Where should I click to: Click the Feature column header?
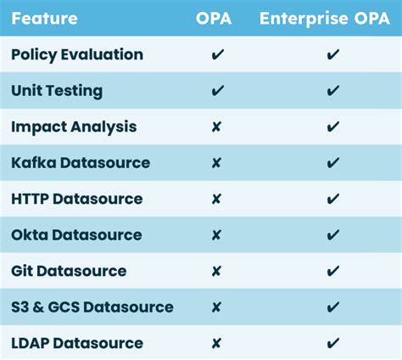(x=45, y=17)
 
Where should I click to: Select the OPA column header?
(x=217, y=17)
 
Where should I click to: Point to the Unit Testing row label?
(x=57, y=90)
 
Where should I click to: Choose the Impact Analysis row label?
(x=74, y=127)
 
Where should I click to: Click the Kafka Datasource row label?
(x=81, y=162)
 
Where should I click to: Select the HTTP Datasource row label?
(x=77, y=199)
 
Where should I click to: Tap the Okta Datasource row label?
(x=77, y=234)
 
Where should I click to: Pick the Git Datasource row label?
(x=70, y=271)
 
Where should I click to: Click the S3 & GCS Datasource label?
(x=92, y=307)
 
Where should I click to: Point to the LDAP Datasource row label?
(x=77, y=343)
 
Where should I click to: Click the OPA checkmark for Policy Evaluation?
(x=217, y=54)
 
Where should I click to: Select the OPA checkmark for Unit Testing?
(x=217, y=90)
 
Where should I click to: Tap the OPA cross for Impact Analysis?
(x=216, y=127)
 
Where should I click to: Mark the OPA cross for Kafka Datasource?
(x=216, y=162)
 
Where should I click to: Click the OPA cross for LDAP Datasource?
(x=216, y=343)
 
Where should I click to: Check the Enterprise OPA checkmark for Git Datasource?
(x=333, y=271)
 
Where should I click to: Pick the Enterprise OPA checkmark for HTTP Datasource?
(x=333, y=199)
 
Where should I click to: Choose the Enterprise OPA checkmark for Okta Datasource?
(x=333, y=234)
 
